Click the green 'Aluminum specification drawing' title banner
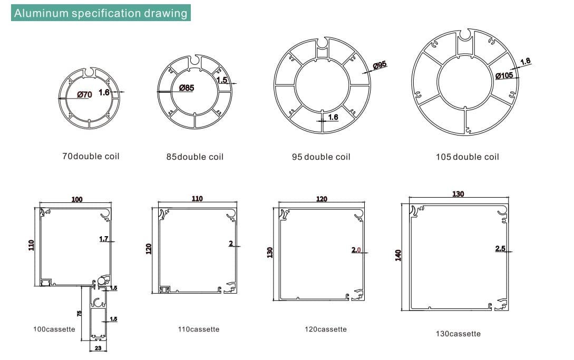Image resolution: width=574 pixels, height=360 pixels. click(x=101, y=13)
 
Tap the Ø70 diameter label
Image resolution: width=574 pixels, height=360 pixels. click(x=84, y=94)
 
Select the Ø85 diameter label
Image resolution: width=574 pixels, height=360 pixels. click(x=187, y=87)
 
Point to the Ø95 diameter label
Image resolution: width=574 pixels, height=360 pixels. click(x=380, y=65)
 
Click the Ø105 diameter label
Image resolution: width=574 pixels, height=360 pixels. click(x=504, y=76)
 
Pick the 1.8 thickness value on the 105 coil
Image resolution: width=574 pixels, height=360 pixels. click(x=525, y=61)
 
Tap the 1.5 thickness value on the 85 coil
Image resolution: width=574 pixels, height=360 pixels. click(x=222, y=80)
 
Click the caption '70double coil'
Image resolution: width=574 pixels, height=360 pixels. click(x=91, y=157)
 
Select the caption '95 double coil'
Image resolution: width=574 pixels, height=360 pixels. click(x=321, y=157)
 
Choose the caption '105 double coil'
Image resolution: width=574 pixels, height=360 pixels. click(x=467, y=157)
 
